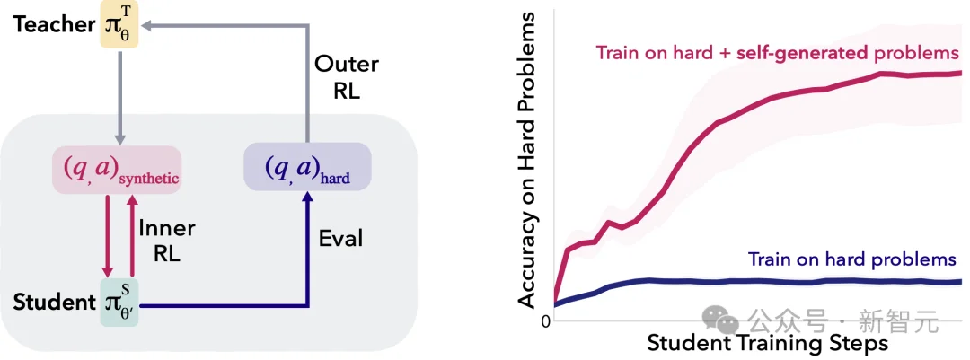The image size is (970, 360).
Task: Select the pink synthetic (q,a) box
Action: (x=117, y=168)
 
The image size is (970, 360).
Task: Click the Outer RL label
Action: (x=347, y=78)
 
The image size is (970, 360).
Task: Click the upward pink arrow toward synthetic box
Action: (x=131, y=238)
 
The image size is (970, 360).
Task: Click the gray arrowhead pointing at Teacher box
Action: (x=151, y=27)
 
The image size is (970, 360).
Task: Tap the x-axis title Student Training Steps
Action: (x=767, y=343)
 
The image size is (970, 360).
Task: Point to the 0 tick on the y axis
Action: (x=544, y=321)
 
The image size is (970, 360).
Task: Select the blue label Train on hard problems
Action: (x=852, y=259)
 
